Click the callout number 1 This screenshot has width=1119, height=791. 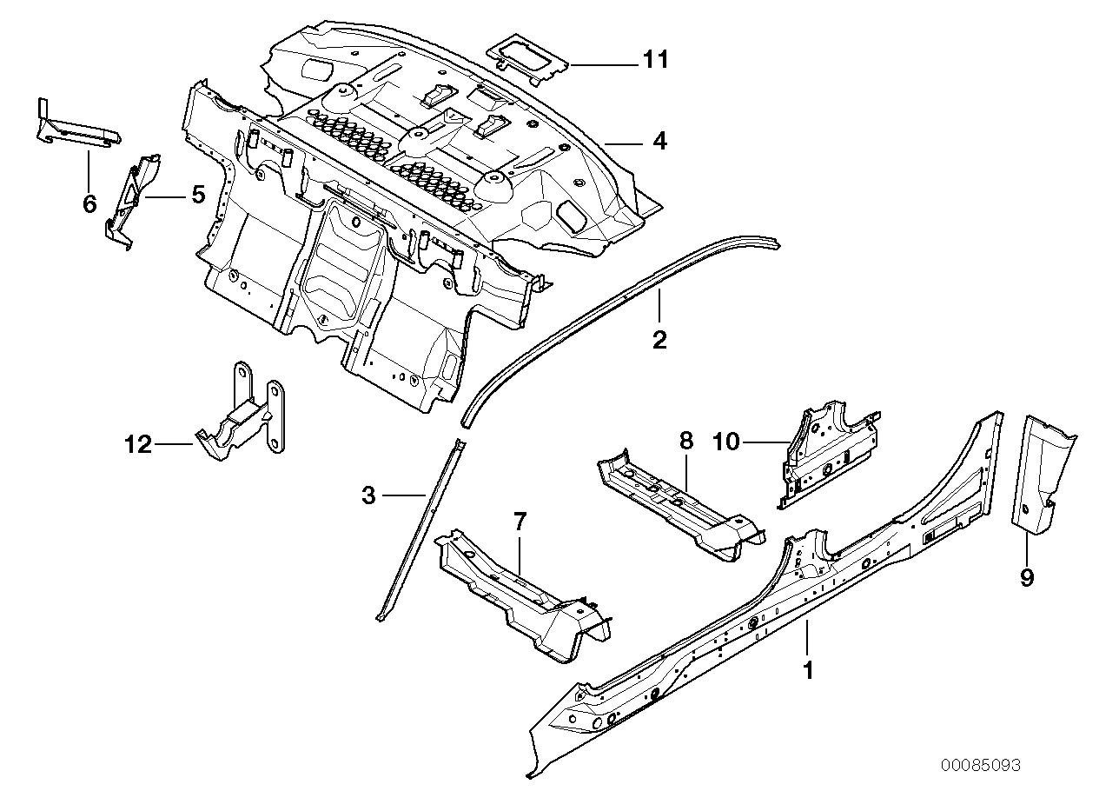click(809, 671)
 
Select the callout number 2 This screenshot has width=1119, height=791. click(659, 339)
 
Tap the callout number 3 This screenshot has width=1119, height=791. click(369, 495)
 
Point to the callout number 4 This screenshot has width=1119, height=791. click(660, 140)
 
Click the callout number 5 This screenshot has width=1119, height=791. click(198, 195)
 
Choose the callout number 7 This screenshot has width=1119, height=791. click(520, 522)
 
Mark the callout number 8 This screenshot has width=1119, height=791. click(686, 441)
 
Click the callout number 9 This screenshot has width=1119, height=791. click(1027, 577)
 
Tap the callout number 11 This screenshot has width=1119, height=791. click(656, 60)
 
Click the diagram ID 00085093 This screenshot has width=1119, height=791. click(980, 765)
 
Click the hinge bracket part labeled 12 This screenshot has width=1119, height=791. click(243, 417)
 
